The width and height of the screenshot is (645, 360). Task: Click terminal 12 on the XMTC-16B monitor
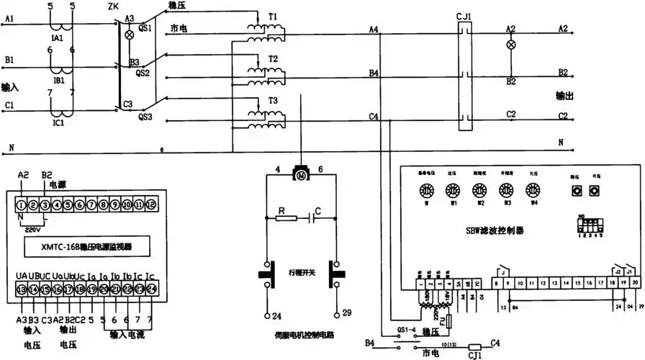[150, 205]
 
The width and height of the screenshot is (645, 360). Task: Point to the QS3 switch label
[145, 115]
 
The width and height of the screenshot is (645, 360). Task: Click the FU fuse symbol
[450, 320]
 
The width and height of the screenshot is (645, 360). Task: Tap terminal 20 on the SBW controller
[634, 284]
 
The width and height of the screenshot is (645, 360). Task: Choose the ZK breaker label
[113, 6]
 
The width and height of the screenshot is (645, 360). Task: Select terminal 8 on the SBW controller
[497, 284]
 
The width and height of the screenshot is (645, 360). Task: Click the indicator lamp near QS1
[130, 35]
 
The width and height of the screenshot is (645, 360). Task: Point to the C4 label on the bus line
[373, 116]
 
